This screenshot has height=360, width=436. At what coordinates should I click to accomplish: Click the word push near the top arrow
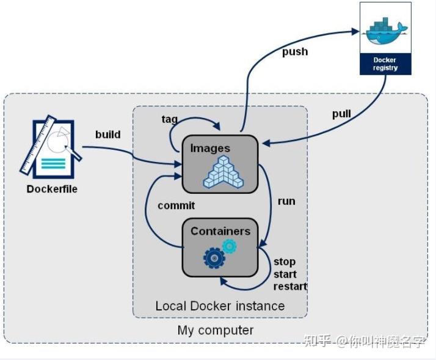click(294, 52)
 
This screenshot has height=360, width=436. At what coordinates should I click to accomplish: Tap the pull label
click(341, 114)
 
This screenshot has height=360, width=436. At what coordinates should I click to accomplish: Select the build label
click(107, 134)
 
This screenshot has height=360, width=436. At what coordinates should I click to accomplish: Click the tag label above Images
click(170, 119)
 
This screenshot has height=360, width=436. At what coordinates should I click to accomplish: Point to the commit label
click(176, 205)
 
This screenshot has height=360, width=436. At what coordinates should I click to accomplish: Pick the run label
click(286, 201)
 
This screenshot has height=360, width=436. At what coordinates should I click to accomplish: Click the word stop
click(285, 262)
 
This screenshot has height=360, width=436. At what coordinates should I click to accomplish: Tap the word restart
click(290, 286)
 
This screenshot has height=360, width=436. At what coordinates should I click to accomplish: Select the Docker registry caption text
click(385, 64)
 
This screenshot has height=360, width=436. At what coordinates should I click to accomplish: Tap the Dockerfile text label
click(52, 189)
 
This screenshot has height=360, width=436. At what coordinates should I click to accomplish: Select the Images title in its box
click(210, 148)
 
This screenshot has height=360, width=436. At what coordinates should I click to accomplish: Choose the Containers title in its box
click(220, 231)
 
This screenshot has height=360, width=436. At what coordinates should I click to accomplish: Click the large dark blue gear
click(214, 259)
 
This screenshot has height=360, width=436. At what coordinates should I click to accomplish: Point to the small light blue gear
click(230, 246)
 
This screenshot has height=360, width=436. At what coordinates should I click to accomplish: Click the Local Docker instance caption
click(220, 306)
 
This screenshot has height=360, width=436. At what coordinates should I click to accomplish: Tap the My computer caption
click(216, 330)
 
